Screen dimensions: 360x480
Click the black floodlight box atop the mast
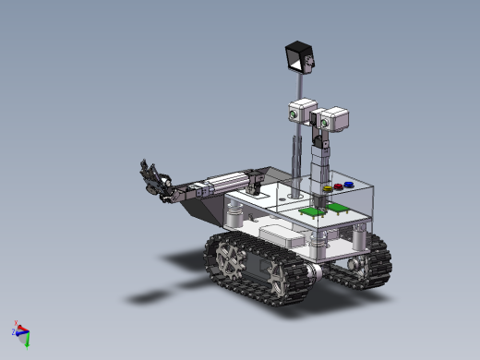[298, 56]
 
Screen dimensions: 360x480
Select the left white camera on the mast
[302, 110]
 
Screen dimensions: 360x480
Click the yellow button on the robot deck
[328, 189]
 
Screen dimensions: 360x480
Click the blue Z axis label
[14, 333]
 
